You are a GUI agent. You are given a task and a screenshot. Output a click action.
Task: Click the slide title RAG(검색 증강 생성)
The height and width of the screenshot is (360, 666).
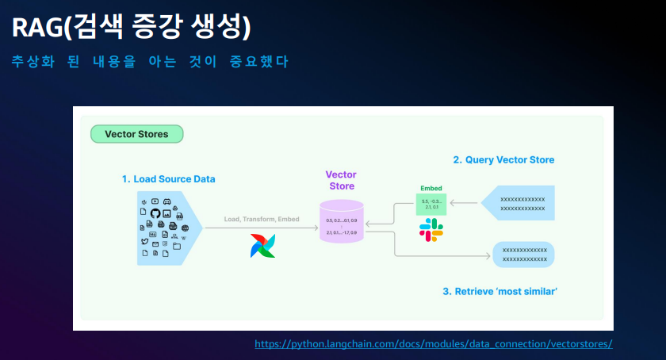[132, 29]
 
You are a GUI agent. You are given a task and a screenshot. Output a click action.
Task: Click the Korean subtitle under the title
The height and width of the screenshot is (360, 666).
[150, 62]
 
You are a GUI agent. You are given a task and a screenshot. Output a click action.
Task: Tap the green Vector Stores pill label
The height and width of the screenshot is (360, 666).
[137, 134]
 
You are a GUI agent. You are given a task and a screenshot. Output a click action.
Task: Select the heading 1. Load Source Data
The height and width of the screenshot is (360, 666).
[168, 179]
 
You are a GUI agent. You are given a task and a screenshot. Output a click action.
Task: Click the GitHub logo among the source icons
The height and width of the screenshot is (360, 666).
[155, 214]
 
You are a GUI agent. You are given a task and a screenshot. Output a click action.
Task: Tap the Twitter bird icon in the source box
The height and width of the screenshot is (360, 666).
[144, 242]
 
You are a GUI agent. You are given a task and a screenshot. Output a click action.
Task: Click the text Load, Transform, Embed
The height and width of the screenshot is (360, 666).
[262, 219]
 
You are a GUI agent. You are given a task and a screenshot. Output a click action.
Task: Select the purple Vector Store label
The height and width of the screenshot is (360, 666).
[342, 180]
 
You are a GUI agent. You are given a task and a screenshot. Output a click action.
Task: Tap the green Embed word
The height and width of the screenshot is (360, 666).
[431, 188]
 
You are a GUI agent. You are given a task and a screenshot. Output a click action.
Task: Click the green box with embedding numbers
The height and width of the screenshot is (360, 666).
[431, 205]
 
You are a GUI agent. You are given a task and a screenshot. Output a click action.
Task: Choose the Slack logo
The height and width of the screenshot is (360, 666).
[431, 230]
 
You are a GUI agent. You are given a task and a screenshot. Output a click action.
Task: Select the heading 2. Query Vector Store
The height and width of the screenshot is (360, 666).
[503, 160]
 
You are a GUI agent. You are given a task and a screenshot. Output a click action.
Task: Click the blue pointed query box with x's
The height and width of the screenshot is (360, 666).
[519, 204]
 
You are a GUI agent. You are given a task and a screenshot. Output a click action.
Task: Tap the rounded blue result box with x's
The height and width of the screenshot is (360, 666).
[523, 255]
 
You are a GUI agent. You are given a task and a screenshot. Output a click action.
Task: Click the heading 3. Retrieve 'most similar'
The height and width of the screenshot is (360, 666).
[500, 292]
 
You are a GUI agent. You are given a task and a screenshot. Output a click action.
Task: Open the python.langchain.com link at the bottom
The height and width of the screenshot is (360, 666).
[434, 344]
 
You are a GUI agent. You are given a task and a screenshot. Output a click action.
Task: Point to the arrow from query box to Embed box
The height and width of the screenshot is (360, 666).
[465, 204]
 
